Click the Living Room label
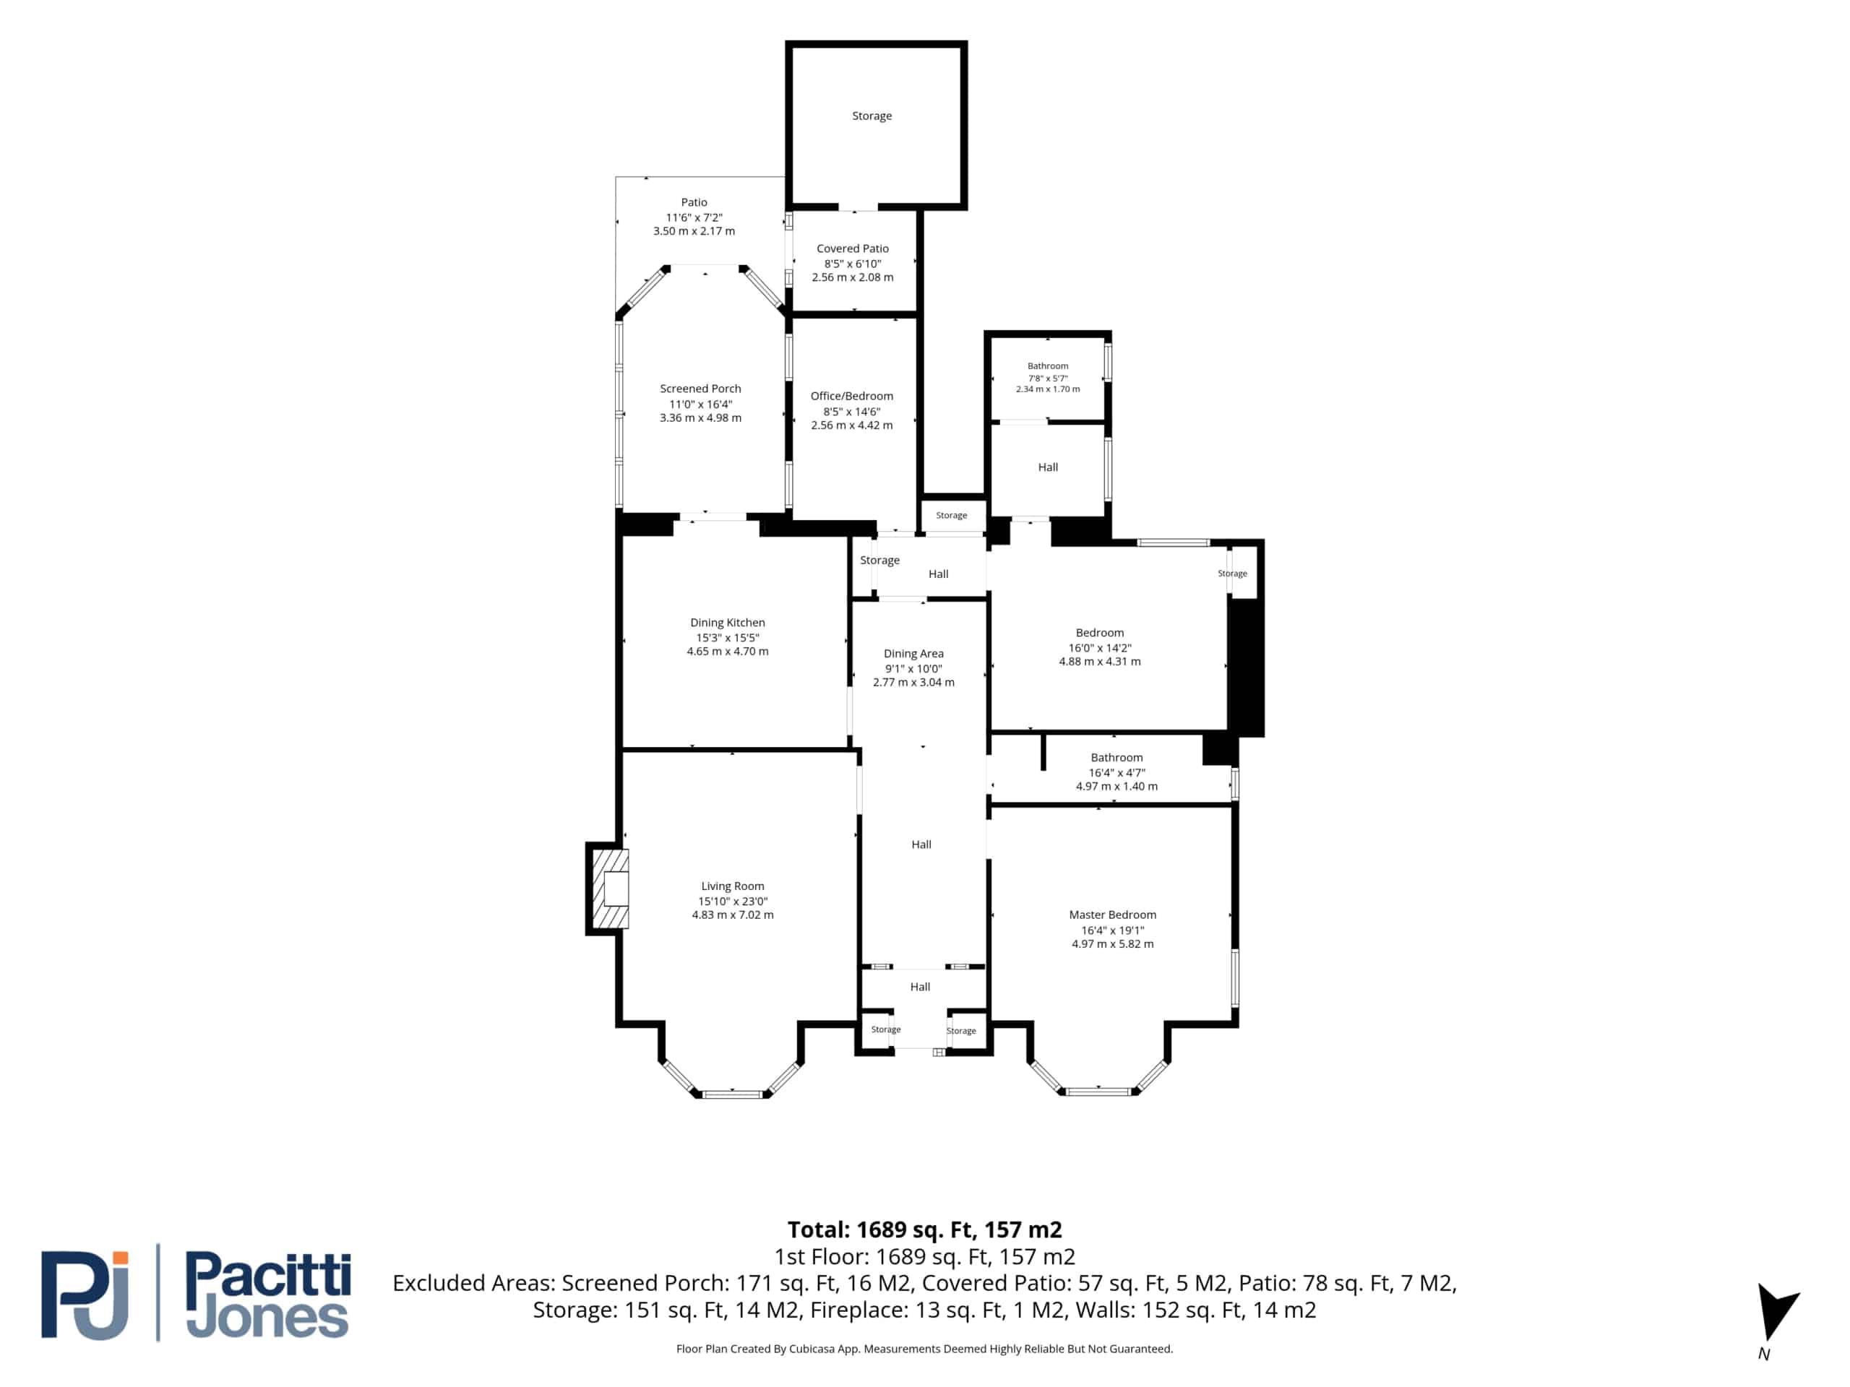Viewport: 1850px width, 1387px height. point(733,886)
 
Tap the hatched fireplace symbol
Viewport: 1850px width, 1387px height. point(611,889)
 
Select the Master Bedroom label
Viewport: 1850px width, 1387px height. point(1112,915)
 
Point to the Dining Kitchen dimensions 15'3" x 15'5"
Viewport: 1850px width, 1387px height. point(728,637)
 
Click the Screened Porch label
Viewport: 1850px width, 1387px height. point(701,389)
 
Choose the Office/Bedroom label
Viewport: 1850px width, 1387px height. point(851,397)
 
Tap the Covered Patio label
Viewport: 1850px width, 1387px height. point(852,249)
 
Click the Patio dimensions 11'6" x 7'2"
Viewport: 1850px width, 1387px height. point(694,217)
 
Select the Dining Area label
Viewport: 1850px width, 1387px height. point(913,654)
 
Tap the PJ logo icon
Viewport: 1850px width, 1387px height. point(85,1295)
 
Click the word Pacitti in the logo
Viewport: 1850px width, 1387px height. point(267,1274)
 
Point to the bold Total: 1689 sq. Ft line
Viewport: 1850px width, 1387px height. point(924,1230)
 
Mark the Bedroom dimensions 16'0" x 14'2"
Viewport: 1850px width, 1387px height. point(1100,648)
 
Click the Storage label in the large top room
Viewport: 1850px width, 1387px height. point(872,116)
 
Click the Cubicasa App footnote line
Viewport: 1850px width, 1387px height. point(924,1349)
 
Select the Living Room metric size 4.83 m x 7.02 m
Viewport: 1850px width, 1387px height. point(733,915)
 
